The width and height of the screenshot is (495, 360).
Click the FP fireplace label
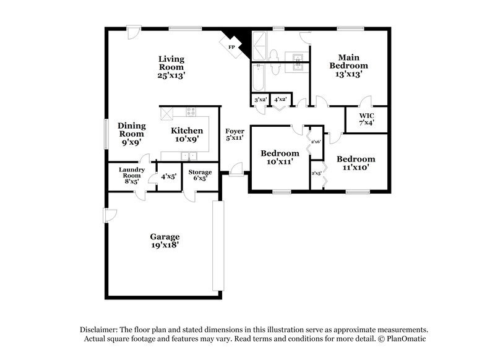click(x=232, y=47)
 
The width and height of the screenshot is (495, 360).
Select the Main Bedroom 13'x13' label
click(x=348, y=66)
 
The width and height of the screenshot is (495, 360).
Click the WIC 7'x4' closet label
click(x=366, y=118)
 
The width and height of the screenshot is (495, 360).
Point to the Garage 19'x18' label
click(x=165, y=241)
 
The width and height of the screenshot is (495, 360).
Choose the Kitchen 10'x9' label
click(x=187, y=135)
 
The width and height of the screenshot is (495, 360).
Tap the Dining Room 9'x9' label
click(x=131, y=134)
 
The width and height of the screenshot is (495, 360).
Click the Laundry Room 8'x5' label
click(x=131, y=176)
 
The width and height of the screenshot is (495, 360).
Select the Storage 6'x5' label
click(x=200, y=176)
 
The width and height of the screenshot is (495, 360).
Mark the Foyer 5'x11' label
click(x=235, y=135)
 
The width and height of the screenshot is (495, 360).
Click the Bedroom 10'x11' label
click(x=280, y=157)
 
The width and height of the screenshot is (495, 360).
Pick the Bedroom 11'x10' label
click(x=356, y=163)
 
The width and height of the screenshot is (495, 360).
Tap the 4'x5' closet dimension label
click(x=168, y=176)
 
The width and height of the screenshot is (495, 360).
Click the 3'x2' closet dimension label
click(x=260, y=100)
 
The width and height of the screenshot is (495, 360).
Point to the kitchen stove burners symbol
click(x=191, y=112)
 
